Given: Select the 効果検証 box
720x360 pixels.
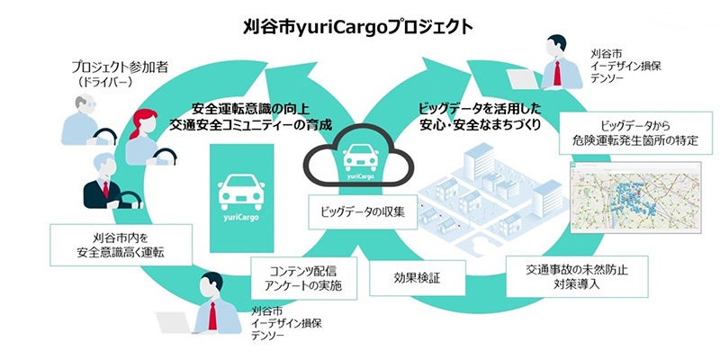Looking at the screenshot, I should [415, 280].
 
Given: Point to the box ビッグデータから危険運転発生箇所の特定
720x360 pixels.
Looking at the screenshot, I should [629, 132].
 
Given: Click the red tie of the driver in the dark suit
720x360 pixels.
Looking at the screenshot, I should [105, 192].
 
